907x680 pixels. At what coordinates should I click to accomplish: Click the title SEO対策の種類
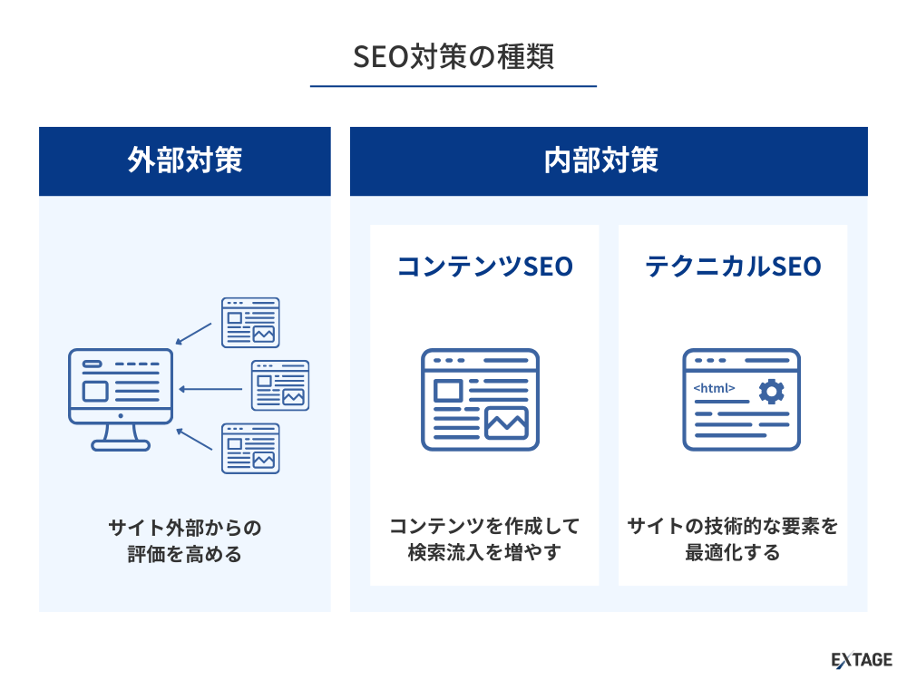(x=453, y=56)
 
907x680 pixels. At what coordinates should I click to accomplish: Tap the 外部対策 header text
(x=185, y=160)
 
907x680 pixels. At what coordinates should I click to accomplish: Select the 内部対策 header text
(x=601, y=160)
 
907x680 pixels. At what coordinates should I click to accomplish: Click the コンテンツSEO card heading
(x=484, y=267)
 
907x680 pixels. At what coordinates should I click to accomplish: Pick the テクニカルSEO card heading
(x=733, y=267)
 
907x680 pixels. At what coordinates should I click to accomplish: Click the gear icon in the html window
(x=771, y=392)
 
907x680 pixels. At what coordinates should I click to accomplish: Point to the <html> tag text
(x=714, y=388)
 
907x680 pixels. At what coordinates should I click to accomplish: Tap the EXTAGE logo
(x=862, y=660)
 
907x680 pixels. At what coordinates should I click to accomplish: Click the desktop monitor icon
(x=121, y=400)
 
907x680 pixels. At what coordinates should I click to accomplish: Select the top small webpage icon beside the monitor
(x=250, y=323)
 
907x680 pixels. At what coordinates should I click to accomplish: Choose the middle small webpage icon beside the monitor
(x=280, y=385)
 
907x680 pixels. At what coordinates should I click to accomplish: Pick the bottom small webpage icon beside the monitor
(x=250, y=449)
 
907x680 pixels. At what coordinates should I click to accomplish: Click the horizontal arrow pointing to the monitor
(x=210, y=389)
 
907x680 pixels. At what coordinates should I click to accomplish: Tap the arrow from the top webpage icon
(x=194, y=334)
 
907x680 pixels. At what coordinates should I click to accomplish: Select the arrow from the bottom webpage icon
(x=194, y=439)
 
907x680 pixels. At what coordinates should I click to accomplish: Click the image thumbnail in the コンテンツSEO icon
(x=506, y=423)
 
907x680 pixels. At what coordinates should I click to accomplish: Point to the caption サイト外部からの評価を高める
(x=185, y=540)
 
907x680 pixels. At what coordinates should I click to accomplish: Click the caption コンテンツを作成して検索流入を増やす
(x=484, y=539)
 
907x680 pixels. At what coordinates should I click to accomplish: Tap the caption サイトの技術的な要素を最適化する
(x=733, y=539)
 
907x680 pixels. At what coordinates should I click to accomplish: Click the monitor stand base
(x=121, y=445)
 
